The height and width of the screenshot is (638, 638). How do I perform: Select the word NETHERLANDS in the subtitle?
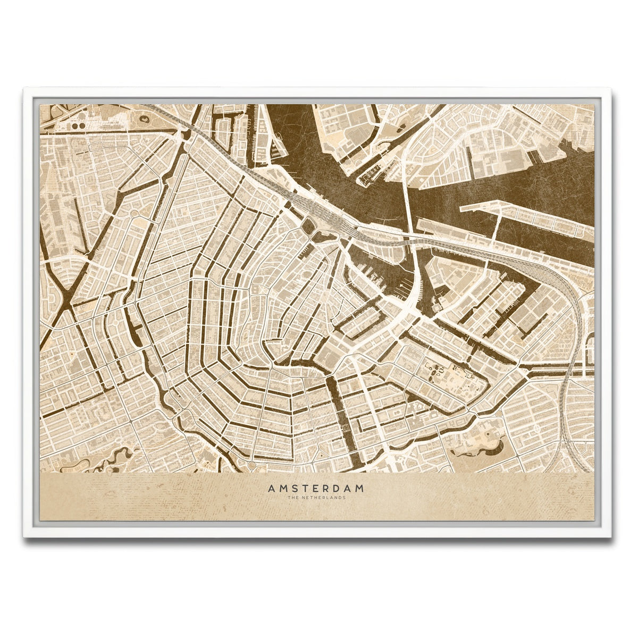[x=326, y=498]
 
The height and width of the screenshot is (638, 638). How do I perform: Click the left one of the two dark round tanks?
[x=74, y=125]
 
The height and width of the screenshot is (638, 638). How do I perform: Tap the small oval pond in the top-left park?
[x=144, y=120]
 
